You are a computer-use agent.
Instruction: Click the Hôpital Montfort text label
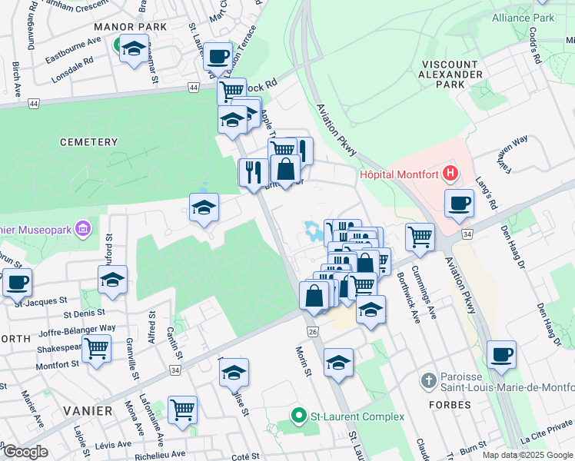pyautogui.click(x=398, y=174)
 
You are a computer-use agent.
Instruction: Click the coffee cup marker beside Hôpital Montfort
pyautogui.click(x=459, y=203)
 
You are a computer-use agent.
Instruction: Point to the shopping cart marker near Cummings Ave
pyautogui.click(x=420, y=237)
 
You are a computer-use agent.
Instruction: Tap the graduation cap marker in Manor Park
pyautogui.click(x=134, y=49)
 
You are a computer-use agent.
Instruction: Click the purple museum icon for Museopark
pyautogui.click(x=84, y=227)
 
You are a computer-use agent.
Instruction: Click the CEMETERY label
pyautogui.click(x=87, y=142)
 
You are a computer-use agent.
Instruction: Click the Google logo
pyautogui.click(x=25, y=452)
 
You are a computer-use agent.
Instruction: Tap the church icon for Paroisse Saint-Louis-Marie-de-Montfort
pyautogui.click(x=429, y=380)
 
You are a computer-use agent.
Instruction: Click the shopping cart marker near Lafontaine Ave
pyautogui.click(x=182, y=410)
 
